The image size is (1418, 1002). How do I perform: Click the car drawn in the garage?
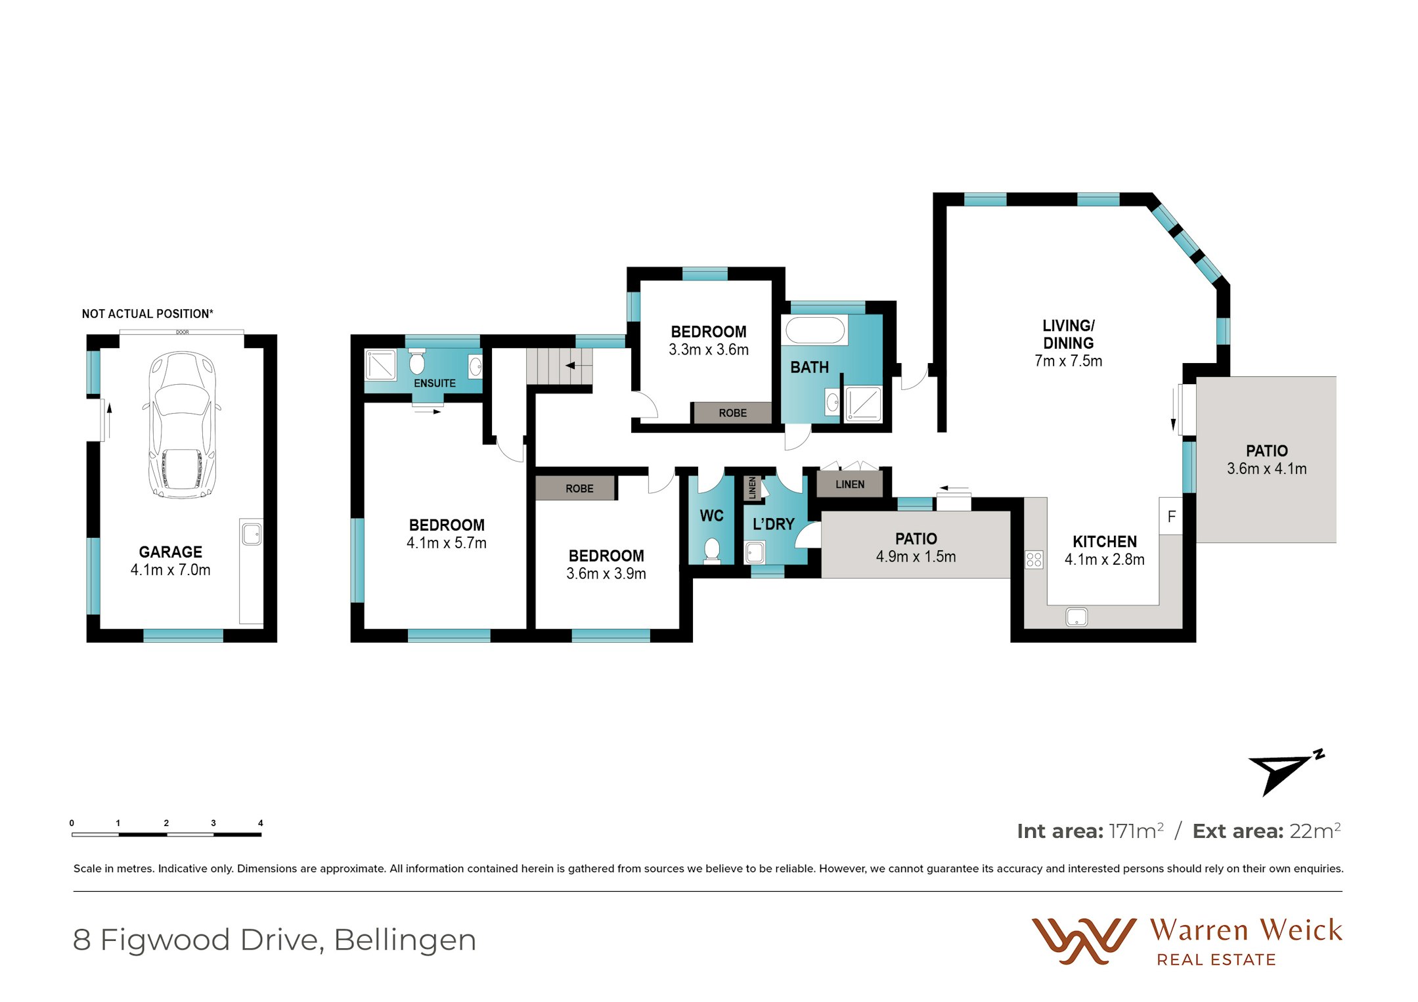(182, 425)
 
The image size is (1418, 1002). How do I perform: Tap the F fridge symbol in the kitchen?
(1171, 517)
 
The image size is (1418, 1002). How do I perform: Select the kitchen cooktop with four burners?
(1034, 559)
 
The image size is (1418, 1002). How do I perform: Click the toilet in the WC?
(711, 550)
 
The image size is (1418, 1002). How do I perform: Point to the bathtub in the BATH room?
(814, 330)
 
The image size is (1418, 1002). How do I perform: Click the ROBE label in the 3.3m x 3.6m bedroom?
(732, 413)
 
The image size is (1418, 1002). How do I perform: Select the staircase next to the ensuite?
(559, 366)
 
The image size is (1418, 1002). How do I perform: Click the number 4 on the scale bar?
(260, 823)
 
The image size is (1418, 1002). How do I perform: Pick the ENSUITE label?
(434, 383)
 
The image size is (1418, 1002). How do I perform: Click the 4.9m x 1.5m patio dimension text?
(916, 557)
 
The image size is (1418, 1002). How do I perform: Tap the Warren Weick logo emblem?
(1083, 940)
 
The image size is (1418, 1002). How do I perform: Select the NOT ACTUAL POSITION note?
(147, 314)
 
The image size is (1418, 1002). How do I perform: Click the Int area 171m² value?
(1136, 831)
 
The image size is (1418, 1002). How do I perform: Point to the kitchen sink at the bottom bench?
(1076, 617)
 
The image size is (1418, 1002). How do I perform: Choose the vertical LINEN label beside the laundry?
(753, 488)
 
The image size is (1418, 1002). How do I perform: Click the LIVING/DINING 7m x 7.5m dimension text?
(1068, 361)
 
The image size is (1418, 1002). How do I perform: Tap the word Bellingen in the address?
(405, 940)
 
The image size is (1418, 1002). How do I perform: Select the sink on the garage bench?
(252, 534)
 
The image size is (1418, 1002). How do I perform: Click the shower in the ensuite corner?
(381, 365)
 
